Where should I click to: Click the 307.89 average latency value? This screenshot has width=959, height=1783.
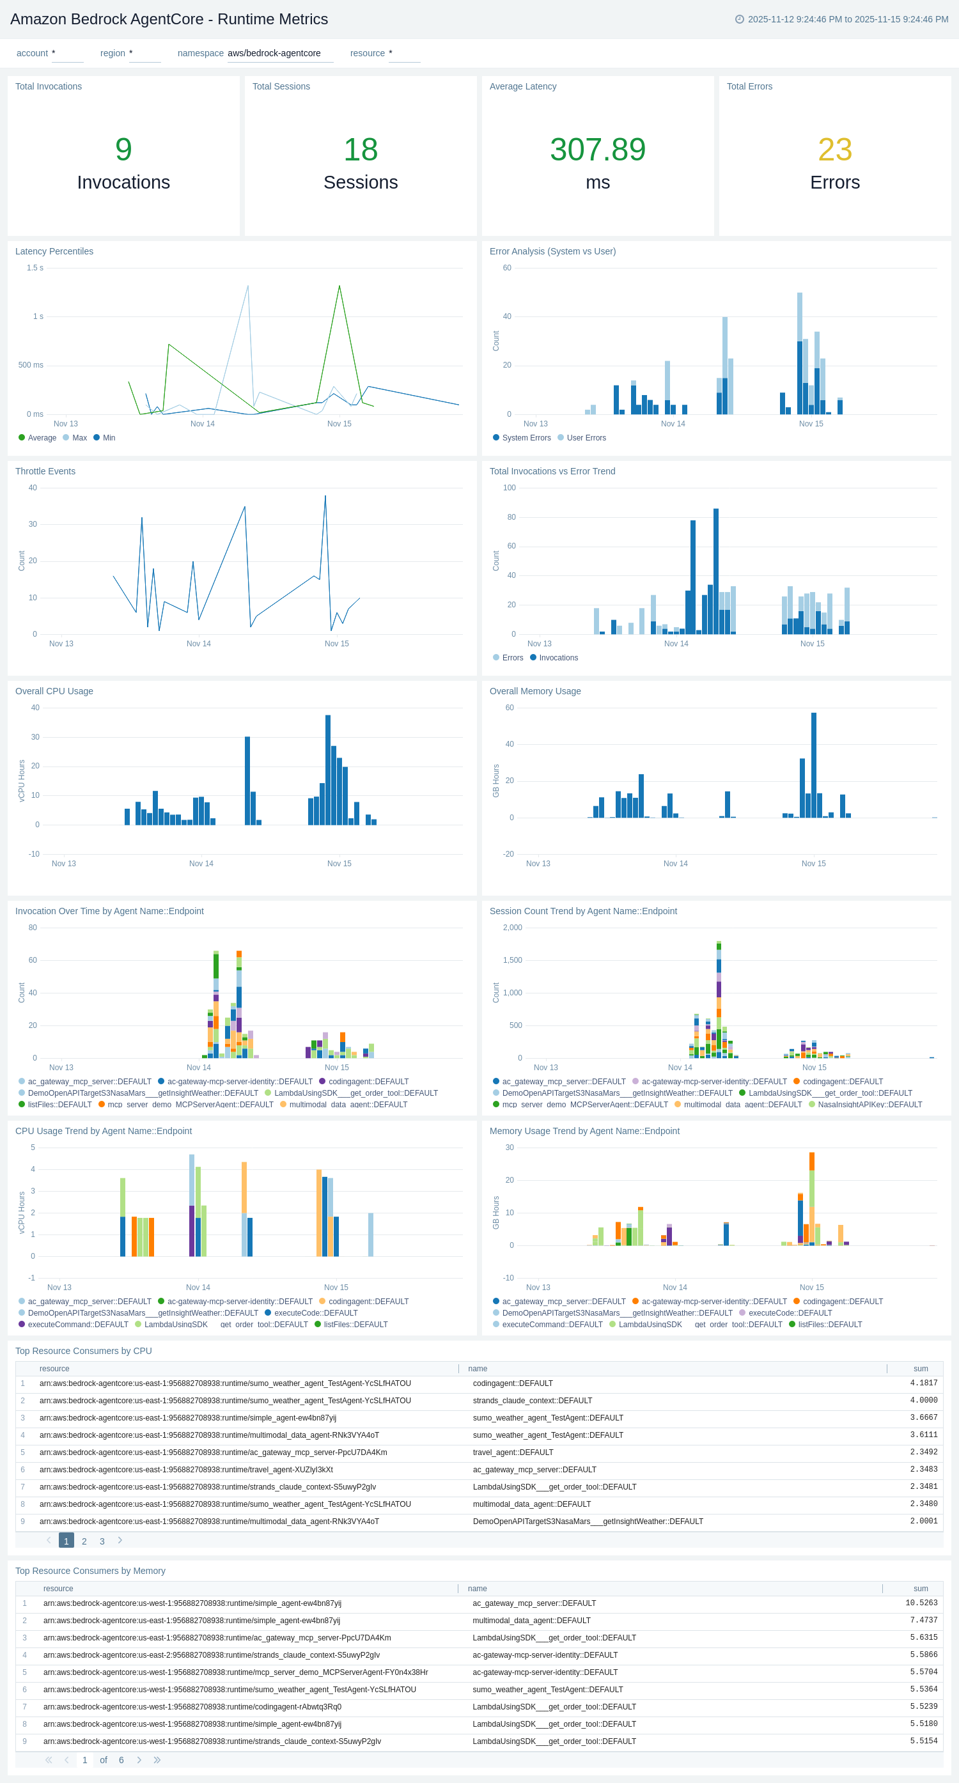tap(598, 150)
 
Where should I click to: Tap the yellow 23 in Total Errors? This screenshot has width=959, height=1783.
tap(834, 150)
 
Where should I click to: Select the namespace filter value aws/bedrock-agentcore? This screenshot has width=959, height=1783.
tap(274, 53)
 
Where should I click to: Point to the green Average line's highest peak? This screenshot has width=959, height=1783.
tap(339, 286)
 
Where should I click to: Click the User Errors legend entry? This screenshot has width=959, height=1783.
tap(585, 437)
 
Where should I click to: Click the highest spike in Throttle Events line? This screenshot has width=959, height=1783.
tap(325, 497)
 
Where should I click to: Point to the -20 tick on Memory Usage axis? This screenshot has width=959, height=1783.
tap(508, 853)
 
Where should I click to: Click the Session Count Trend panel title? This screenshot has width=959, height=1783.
tap(583, 911)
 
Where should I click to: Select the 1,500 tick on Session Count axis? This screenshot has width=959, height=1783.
tap(512, 960)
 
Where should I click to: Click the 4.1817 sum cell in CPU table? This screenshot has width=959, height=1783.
tap(923, 1383)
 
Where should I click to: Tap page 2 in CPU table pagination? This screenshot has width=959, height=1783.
tap(84, 1541)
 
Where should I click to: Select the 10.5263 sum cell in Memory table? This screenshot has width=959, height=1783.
tap(921, 1603)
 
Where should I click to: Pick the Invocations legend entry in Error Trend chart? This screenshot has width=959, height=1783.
tap(557, 658)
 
